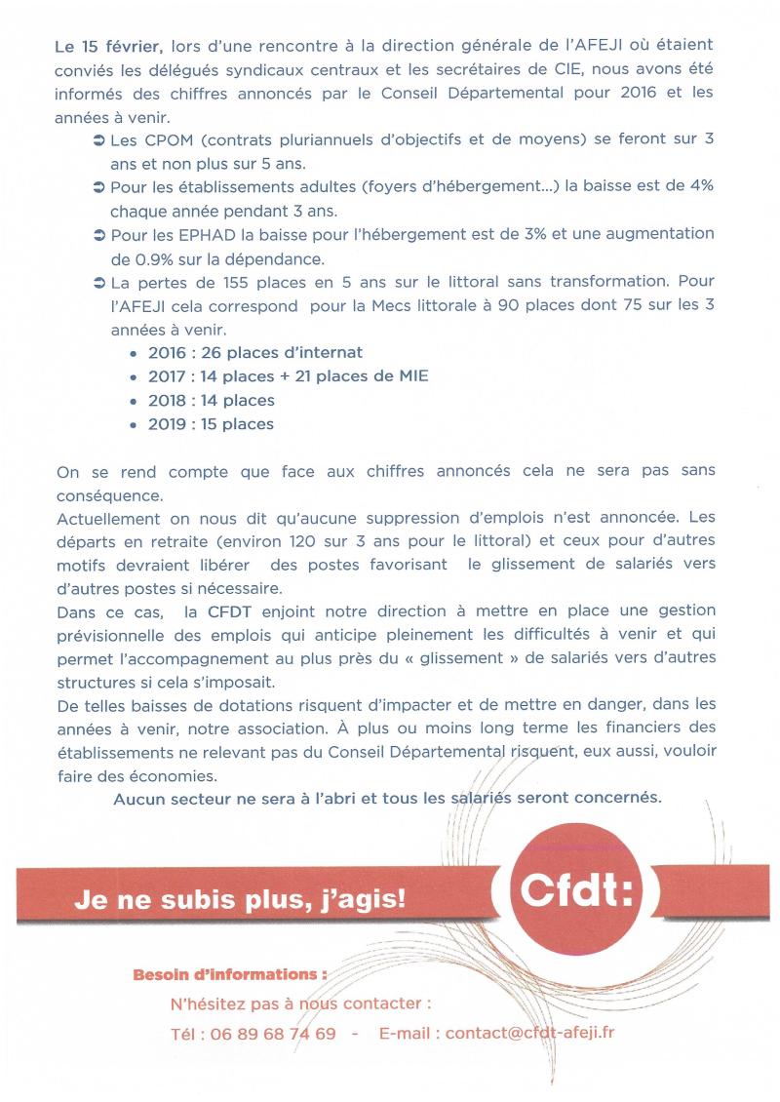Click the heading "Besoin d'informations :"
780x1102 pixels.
229,974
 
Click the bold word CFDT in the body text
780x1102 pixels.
230,612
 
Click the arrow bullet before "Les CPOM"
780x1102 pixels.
99,139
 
